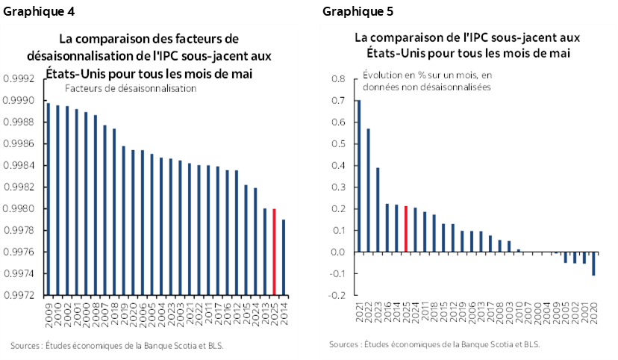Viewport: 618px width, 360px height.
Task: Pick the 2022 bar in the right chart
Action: click(368, 190)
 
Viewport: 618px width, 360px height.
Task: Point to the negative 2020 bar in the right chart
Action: click(594, 264)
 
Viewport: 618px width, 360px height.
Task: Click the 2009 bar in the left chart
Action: click(49, 198)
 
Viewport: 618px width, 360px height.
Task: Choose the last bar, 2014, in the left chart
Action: click(284, 257)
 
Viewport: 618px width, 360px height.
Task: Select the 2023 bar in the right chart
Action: click(378, 209)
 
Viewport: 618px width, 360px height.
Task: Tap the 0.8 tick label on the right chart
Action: click(337, 78)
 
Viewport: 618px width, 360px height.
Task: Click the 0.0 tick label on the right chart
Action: click(337, 252)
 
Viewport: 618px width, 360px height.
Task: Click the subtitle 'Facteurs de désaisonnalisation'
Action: click(130, 88)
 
